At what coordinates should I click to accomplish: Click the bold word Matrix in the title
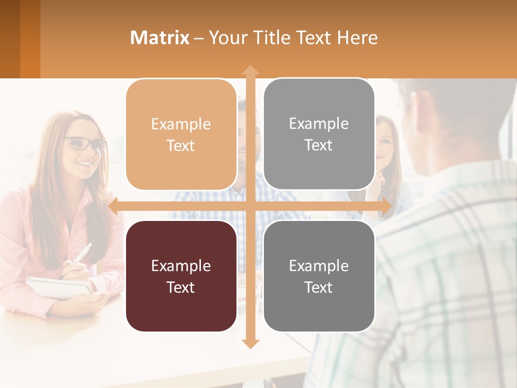coord(159,38)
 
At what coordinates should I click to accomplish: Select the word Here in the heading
coord(358,38)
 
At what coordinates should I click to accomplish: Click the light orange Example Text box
coord(181,135)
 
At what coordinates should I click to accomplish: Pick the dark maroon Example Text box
coord(181,276)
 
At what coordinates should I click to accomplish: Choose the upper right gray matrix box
coord(319,134)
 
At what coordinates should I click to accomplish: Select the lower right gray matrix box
coord(319,276)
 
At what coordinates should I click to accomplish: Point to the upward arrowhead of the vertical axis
coord(250,70)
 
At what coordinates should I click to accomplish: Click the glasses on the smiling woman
coord(86,144)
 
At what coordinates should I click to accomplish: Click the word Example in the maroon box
coord(181,266)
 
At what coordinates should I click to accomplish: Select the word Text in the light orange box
coord(181,145)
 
